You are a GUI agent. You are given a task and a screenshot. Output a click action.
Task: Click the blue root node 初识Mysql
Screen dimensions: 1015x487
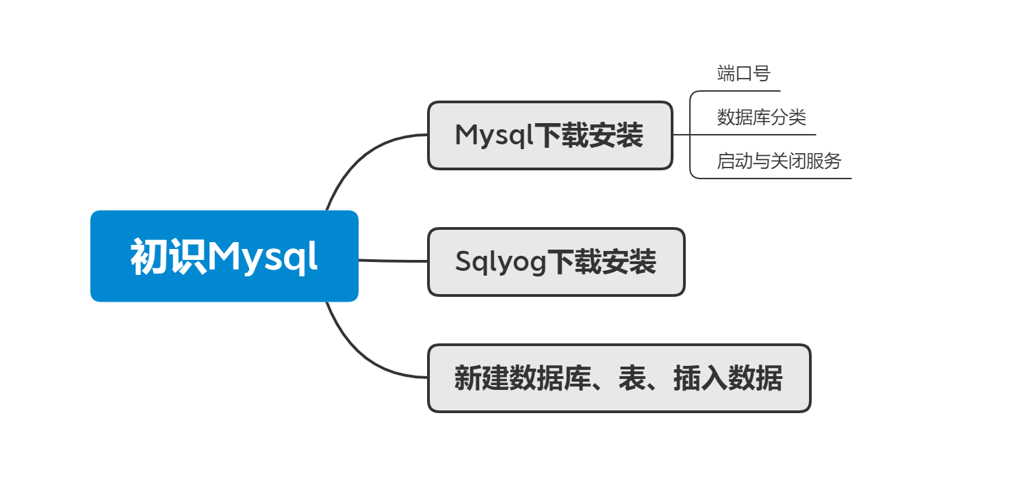click(x=224, y=256)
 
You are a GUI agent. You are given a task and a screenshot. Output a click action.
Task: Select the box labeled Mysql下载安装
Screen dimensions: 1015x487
click(x=550, y=135)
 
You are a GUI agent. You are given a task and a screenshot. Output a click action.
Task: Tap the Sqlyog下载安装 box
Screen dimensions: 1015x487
click(x=556, y=262)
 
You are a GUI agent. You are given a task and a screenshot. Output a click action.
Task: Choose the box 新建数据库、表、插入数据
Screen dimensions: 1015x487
click(x=619, y=378)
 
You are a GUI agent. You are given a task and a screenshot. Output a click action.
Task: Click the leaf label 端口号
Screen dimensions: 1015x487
click(x=743, y=73)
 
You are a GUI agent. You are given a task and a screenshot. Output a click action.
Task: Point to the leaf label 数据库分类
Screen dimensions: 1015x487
click(x=761, y=118)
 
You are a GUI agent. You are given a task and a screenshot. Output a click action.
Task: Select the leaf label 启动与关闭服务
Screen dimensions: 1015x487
click(x=779, y=161)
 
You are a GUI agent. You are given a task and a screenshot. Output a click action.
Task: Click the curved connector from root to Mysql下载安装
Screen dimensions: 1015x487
click(x=358, y=157)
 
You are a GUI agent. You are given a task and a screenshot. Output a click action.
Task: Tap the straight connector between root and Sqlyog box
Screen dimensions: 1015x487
click(x=393, y=261)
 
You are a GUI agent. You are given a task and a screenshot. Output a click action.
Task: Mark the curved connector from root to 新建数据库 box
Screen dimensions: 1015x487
click(x=358, y=356)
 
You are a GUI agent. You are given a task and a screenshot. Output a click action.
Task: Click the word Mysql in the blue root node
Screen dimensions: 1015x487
click(x=262, y=257)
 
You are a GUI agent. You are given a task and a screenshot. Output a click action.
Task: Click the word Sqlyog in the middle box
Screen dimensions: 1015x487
click(x=500, y=262)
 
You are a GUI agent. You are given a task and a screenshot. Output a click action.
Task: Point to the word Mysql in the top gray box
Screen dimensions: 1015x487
click(x=493, y=135)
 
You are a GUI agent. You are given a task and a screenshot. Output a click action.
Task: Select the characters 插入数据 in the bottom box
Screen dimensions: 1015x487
click(x=728, y=378)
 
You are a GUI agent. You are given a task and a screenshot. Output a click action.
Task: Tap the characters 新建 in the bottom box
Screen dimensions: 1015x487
click(x=481, y=378)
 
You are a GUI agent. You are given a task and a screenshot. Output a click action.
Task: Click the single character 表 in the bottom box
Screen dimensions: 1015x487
click(x=632, y=378)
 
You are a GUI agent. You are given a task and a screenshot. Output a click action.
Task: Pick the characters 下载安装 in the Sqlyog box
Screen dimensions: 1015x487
click(x=602, y=262)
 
